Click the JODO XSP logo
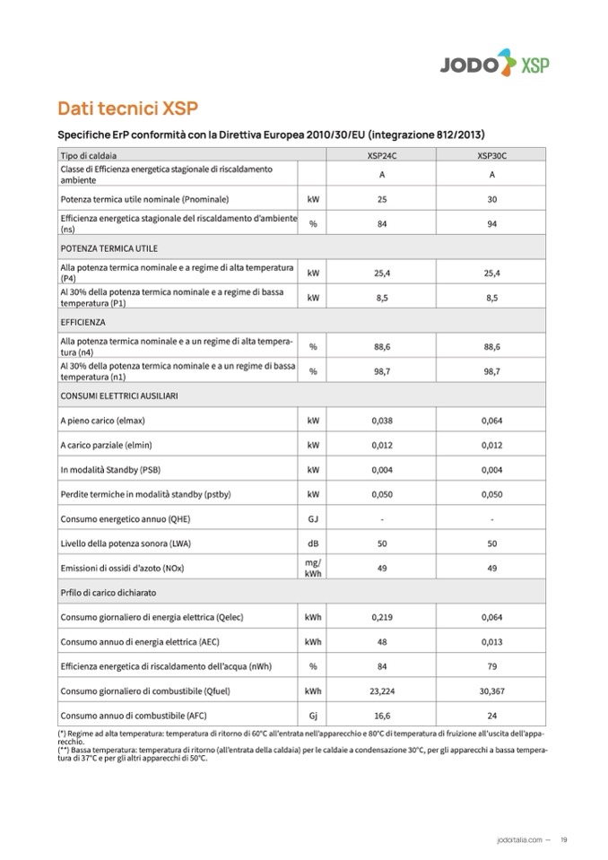point(494,63)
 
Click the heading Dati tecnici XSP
point(127,109)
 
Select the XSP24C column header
point(382,155)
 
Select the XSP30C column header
point(491,155)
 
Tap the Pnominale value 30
point(491,198)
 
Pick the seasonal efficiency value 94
point(491,223)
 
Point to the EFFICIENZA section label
point(83,321)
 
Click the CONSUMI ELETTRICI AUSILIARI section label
point(119,395)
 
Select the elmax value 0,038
point(382,420)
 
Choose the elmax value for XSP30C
point(491,420)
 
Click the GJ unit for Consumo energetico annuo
point(313,518)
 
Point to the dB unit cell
point(313,543)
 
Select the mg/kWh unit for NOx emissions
point(313,568)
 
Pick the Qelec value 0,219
point(382,617)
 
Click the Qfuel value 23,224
point(382,691)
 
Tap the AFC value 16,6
point(382,716)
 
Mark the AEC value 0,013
point(491,642)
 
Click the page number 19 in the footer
point(563,839)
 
